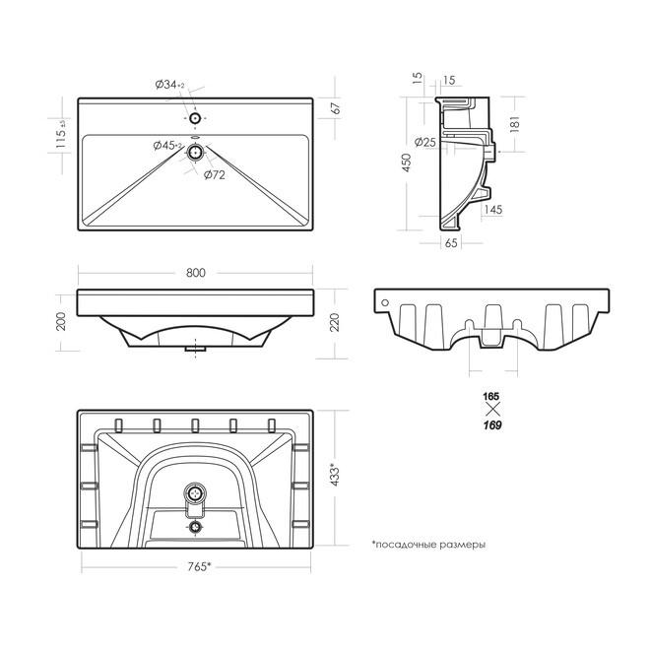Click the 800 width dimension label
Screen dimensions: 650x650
[x=196, y=273]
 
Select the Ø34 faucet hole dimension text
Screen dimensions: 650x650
[x=169, y=85]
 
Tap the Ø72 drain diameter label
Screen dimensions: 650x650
[x=215, y=175]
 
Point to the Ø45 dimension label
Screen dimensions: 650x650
[x=167, y=146]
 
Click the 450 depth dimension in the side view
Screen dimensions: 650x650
[x=407, y=162]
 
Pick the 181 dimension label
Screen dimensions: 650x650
[x=514, y=124]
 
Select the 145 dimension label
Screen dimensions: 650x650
[x=492, y=210]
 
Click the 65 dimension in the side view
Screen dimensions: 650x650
[x=451, y=242]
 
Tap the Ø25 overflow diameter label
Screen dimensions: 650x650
[x=425, y=142]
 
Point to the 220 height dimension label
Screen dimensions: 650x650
[x=334, y=322]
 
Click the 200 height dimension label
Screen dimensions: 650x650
[x=60, y=321]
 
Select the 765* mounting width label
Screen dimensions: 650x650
[x=199, y=566]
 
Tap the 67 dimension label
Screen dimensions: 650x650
[x=336, y=107]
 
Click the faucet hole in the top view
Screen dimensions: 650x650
[x=195, y=118]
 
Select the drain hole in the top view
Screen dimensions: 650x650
[x=194, y=153]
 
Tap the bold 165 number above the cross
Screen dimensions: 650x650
[x=491, y=397]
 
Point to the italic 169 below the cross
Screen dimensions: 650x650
[x=492, y=425]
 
